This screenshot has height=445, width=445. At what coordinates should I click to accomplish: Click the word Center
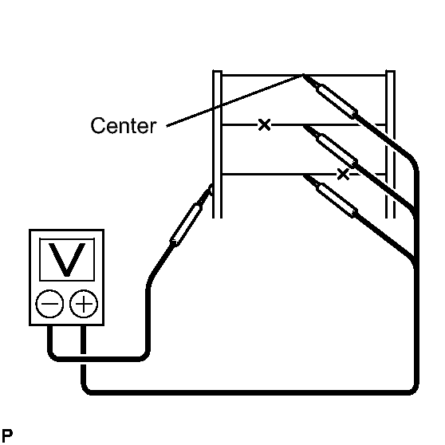pyautogui.click(x=124, y=125)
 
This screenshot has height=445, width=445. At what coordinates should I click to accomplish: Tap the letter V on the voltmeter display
pyautogui.click(x=67, y=260)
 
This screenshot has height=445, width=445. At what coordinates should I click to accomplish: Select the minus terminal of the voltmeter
pyautogui.click(x=49, y=304)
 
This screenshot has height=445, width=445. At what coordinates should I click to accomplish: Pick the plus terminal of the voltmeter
pyautogui.click(x=84, y=304)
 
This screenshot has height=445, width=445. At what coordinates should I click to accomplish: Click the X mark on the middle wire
pyautogui.click(x=264, y=124)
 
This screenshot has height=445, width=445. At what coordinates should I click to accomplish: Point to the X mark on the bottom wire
pyautogui.click(x=343, y=174)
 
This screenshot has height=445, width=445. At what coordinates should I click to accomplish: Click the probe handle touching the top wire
pyautogui.click(x=337, y=101)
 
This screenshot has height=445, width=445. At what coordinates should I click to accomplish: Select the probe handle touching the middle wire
pyautogui.click(x=337, y=152)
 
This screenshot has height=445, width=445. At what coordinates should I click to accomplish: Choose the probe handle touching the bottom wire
pyautogui.click(x=337, y=200)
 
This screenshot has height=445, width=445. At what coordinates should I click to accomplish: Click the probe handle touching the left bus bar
pyautogui.click(x=186, y=225)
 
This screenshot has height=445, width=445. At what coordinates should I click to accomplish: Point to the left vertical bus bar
pyautogui.click(x=217, y=144)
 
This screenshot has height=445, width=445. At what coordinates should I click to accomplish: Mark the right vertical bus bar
pyautogui.click(x=390, y=144)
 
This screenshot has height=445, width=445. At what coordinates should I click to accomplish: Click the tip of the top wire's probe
pyautogui.click(x=303, y=75)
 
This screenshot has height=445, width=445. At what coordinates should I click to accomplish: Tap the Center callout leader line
pyautogui.click(x=234, y=100)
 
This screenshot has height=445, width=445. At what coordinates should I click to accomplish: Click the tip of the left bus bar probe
pyautogui.click(x=211, y=186)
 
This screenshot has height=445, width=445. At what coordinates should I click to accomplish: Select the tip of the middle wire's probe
pyautogui.click(x=304, y=126)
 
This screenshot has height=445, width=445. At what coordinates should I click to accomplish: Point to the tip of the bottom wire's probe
pyautogui.click(x=304, y=175)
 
